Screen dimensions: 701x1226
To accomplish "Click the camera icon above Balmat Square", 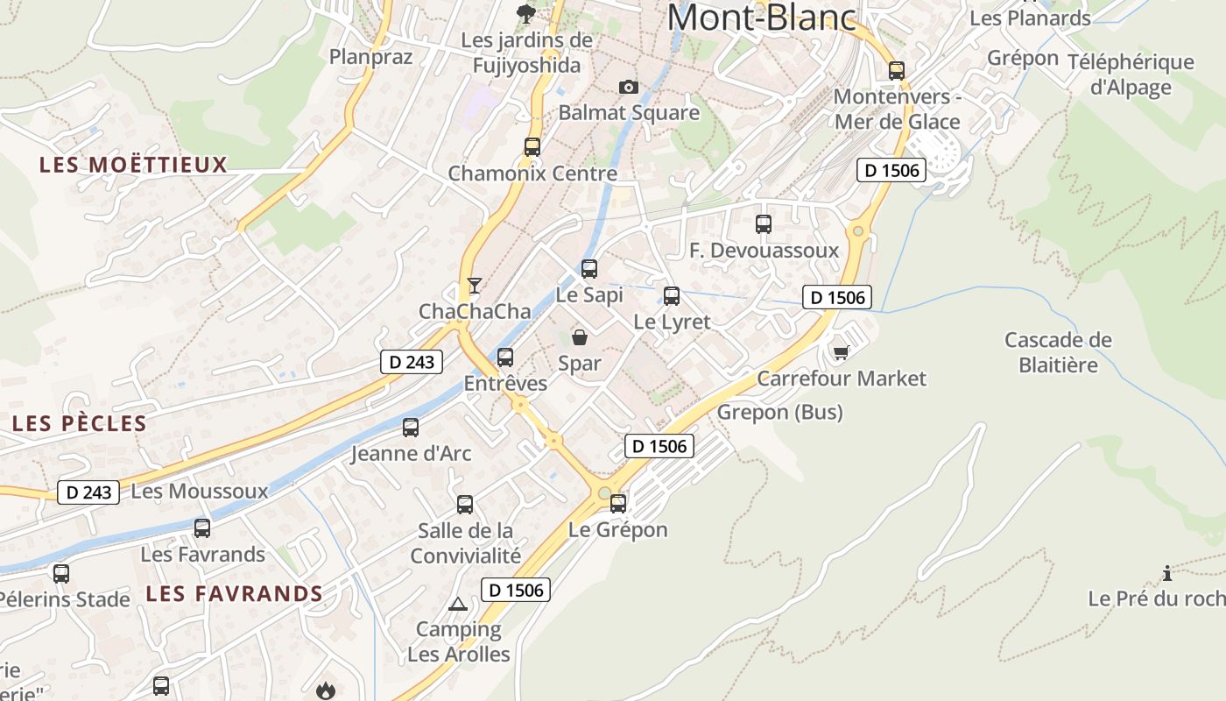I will (628, 87).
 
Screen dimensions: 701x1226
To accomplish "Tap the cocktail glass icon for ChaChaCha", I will (474, 285).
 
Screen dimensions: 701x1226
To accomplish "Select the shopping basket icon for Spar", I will (579, 336).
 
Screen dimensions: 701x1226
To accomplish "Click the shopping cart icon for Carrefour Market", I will (842, 352).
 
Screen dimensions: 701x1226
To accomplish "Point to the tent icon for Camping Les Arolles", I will (457, 604).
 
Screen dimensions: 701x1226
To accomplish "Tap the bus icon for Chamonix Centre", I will (532, 147).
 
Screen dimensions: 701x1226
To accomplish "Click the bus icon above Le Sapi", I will (589, 268).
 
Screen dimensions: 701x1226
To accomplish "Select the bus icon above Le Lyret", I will (672, 296).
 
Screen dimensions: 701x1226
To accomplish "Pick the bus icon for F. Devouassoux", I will (764, 224).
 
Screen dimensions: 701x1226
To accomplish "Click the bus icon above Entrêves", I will (505, 358).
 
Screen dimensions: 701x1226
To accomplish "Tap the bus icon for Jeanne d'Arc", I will (411, 428).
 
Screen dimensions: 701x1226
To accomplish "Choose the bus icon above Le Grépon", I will (618, 504).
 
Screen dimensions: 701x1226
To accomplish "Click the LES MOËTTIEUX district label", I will (133, 165).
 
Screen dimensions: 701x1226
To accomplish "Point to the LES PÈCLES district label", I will (80, 424).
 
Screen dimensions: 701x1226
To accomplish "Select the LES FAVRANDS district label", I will (235, 594).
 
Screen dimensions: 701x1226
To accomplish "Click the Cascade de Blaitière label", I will (1058, 352).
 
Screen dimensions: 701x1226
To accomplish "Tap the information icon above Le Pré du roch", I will (1167, 574).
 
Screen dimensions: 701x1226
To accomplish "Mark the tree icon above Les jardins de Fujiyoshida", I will (526, 14).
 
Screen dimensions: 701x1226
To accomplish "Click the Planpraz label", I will (370, 57).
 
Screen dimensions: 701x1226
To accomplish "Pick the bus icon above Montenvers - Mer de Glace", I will (897, 70).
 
